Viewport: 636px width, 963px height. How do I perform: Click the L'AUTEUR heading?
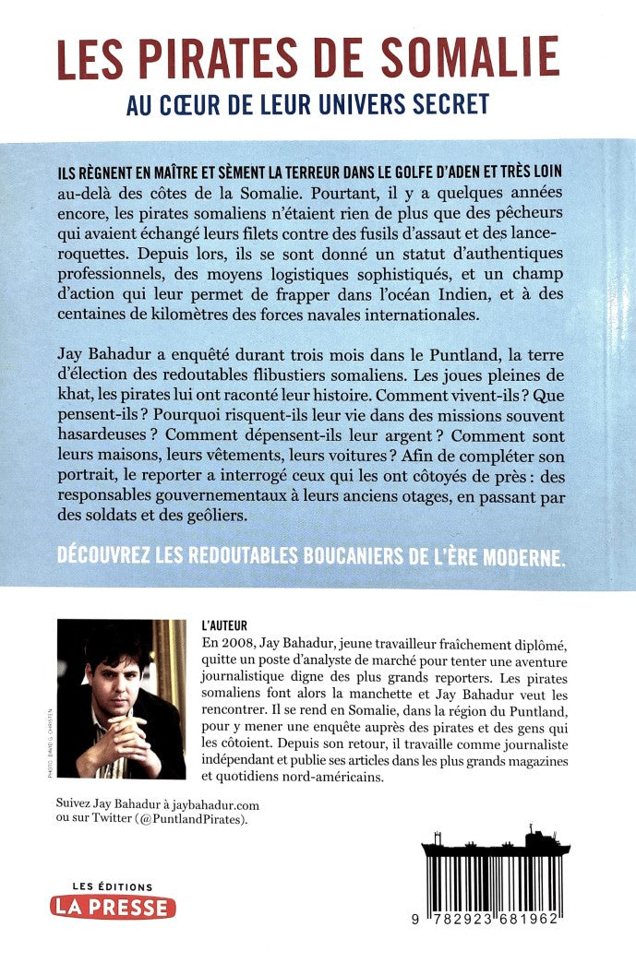coord(223,625)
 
